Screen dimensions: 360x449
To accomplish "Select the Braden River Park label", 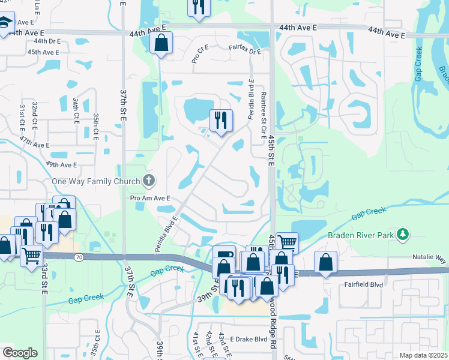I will [x=360, y=235].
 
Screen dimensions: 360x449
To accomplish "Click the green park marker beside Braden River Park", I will [x=405, y=234].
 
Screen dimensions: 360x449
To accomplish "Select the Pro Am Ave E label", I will [x=150, y=197].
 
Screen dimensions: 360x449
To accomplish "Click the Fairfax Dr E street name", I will [x=245, y=52].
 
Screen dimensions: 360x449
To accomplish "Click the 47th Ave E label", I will [x=34, y=145].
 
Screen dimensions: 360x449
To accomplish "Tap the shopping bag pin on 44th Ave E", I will [x=161, y=43].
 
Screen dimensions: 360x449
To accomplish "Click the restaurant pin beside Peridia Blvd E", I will [x=221, y=121].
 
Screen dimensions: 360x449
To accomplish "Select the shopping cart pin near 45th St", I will [x=287, y=243].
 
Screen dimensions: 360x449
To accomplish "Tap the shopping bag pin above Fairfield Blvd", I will [x=325, y=262].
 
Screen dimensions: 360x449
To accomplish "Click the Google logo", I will [x=19, y=353].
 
